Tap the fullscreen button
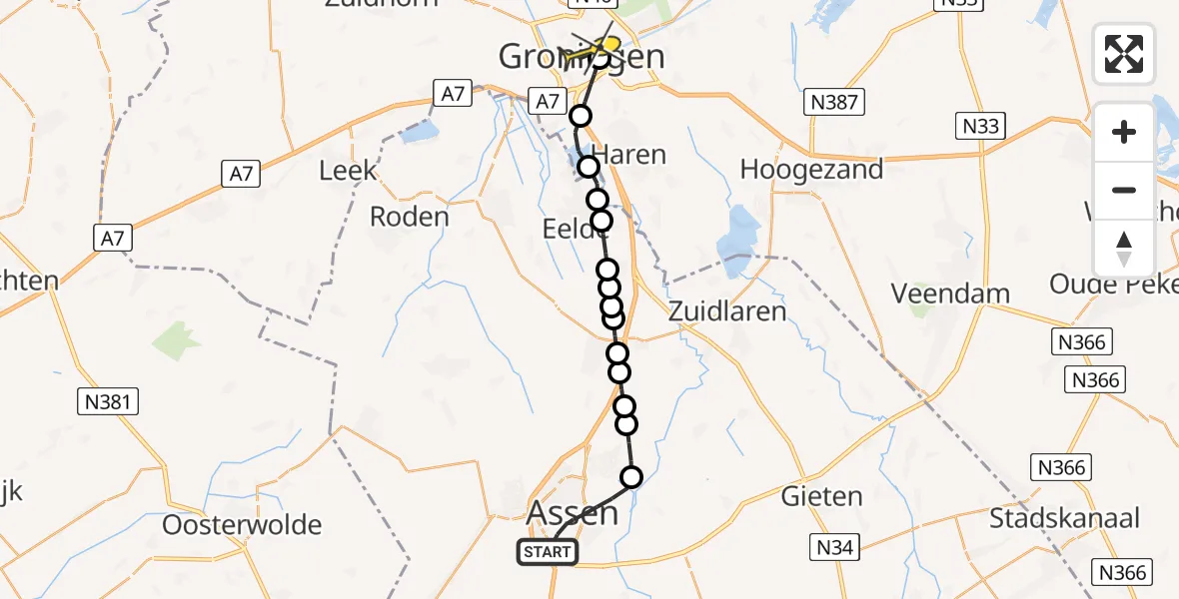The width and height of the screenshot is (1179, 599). click(x=1124, y=54)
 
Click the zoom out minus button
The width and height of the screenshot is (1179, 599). click(x=1124, y=190)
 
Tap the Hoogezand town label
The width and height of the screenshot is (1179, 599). click(x=811, y=170)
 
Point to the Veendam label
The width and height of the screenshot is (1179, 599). click(x=949, y=294)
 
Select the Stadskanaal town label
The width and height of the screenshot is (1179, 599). click(x=1064, y=518)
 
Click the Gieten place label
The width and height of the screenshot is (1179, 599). click(x=821, y=496)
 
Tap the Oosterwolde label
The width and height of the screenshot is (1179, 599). click(x=242, y=525)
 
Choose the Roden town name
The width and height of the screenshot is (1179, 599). click(x=409, y=217)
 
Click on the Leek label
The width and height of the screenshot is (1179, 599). click(x=348, y=171)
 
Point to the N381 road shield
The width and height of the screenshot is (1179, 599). click(x=107, y=401)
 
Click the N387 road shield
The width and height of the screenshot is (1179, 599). click(x=833, y=102)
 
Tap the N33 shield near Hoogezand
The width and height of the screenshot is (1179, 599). click(x=979, y=126)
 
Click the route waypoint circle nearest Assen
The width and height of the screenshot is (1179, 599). click(x=631, y=477)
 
